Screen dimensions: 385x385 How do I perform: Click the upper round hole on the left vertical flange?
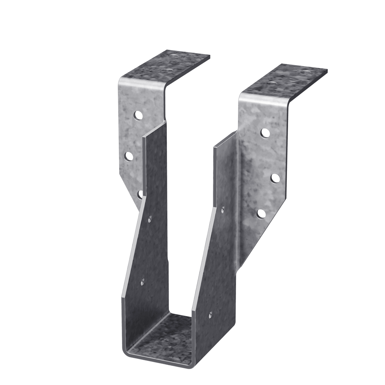click(138, 115)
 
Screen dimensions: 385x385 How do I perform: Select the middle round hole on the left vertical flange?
click(128, 156)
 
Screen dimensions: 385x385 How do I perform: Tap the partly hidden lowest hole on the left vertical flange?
click(140, 194)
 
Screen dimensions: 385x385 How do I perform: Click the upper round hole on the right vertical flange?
click(265, 133)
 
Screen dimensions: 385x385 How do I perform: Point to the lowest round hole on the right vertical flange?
click(261, 214)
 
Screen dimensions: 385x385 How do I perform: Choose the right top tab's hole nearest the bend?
click(271, 84)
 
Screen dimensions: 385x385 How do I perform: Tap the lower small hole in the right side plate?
click(210, 314)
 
